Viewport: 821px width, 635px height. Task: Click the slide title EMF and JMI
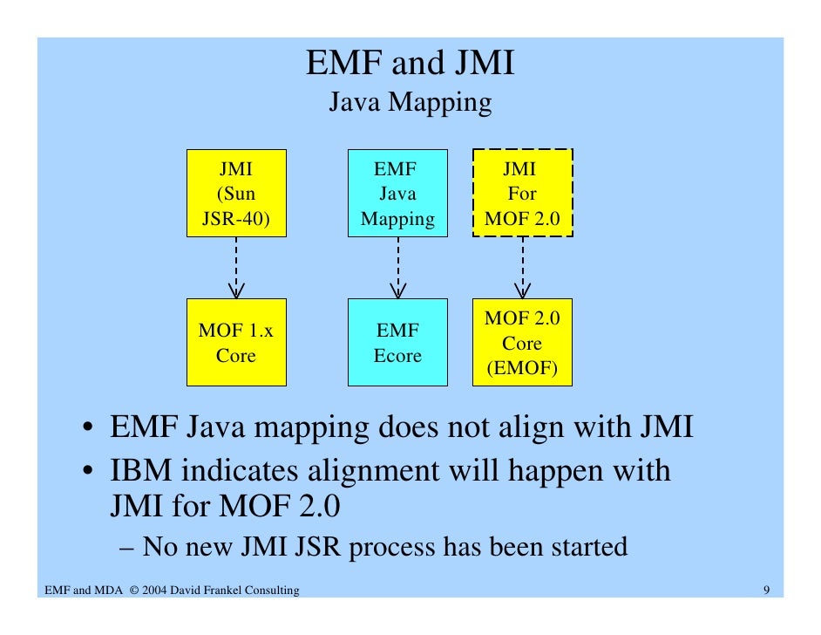[x=410, y=64]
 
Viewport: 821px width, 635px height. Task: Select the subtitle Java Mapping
[x=410, y=103]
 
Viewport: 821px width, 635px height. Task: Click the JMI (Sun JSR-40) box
[x=236, y=193]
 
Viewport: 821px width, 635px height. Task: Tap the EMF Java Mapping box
[x=397, y=193]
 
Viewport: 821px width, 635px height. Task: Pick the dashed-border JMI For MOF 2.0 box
[x=522, y=193]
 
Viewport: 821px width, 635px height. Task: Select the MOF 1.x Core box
[x=236, y=343]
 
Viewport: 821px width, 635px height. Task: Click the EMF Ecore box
[x=397, y=343]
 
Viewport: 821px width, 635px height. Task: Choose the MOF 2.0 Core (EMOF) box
[x=522, y=343]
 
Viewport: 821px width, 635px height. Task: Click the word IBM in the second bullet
[x=139, y=471]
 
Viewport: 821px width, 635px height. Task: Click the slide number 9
[x=765, y=591]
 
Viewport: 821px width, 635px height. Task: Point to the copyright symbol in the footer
[x=133, y=591]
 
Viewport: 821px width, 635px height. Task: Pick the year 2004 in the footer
[x=156, y=591]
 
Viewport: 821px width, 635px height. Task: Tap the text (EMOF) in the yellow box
[x=522, y=369]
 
